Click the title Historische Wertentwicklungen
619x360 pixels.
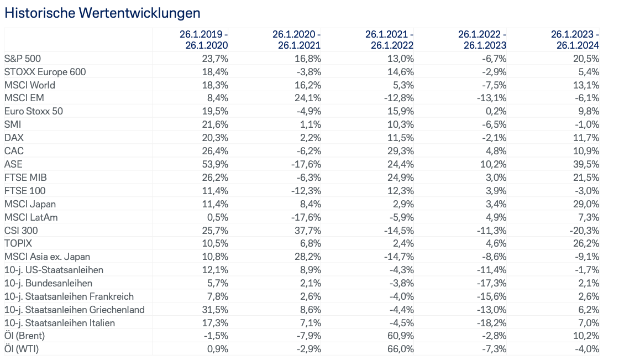click(102, 12)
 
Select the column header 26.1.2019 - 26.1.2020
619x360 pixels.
click(203, 39)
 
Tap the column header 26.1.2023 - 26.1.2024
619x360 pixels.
click(575, 39)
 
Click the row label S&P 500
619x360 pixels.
click(23, 59)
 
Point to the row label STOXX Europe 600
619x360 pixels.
click(45, 72)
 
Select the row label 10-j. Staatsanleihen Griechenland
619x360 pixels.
click(74, 310)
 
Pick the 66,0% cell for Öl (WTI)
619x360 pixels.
click(401, 349)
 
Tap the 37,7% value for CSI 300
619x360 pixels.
click(308, 230)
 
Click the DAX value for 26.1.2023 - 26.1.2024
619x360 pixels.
click(587, 138)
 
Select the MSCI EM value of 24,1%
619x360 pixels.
click(308, 98)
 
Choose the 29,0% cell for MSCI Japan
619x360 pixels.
click(587, 204)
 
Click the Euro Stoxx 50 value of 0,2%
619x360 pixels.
click(496, 112)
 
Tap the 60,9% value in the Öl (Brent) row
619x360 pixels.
click(401, 336)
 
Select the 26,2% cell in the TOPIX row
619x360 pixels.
click(587, 243)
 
